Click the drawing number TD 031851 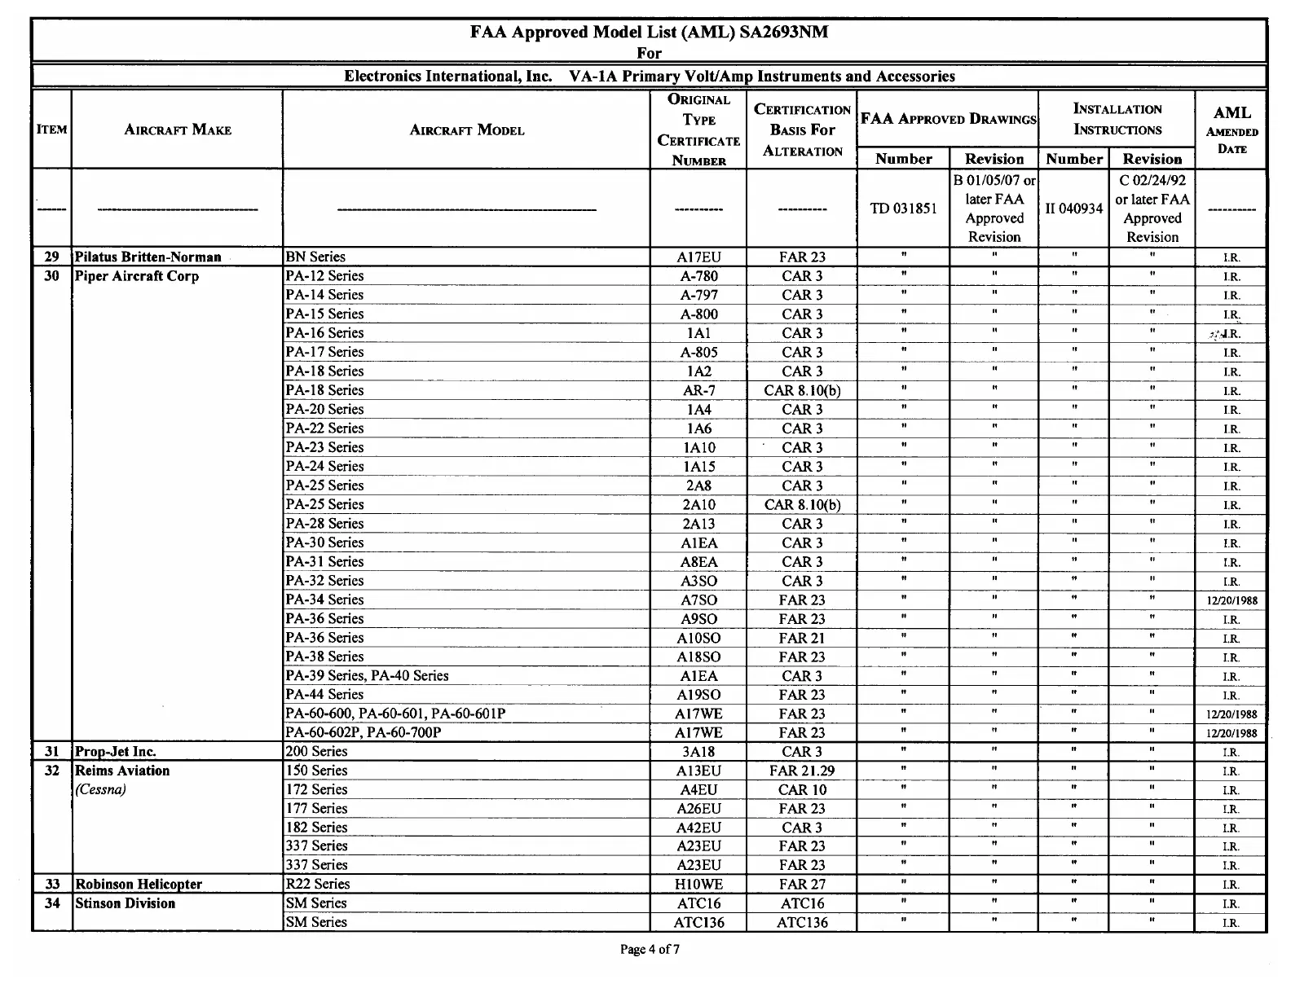[x=903, y=209]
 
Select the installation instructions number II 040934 [x=1073, y=209]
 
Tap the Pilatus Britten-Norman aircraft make [x=148, y=257]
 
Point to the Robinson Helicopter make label [x=139, y=885]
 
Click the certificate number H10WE [x=698, y=885]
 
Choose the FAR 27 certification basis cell [x=802, y=885]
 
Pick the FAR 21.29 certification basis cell [x=802, y=771]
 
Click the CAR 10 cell [x=802, y=789]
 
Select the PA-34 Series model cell [x=324, y=600]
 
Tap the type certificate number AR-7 [x=698, y=390]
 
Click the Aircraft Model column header [x=466, y=130]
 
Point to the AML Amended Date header [x=1232, y=130]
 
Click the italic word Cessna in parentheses [x=100, y=789]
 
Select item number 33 [x=52, y=885]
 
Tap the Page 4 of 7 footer [x=650, y=949]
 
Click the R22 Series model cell [x=318, y=885]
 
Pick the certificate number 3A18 [x=698, y=752]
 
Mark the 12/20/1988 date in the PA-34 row [x=1232, y=601]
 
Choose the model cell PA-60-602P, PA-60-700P [x=364, y=733]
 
